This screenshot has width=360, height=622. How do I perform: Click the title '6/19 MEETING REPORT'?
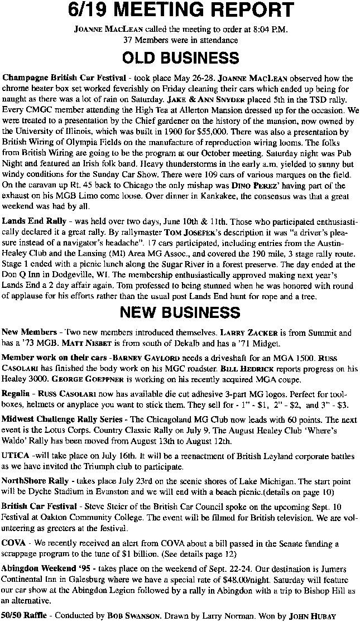(180, 11)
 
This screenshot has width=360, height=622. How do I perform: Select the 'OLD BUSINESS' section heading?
(180, 58)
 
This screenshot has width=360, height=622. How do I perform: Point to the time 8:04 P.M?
(271, 30)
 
